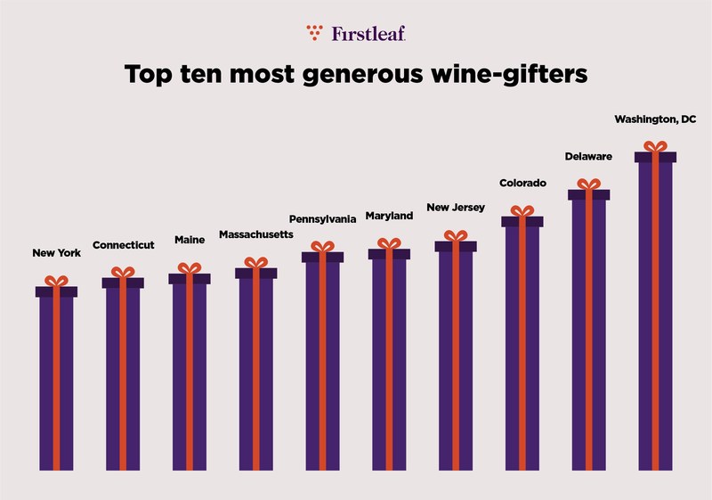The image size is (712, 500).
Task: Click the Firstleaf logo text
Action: coord(368,34)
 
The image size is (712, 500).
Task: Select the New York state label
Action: coord(56,253)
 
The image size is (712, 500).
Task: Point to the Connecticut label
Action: coord(124,245)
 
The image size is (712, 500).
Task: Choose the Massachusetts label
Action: coord(255,238)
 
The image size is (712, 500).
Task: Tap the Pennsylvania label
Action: coord(322,218)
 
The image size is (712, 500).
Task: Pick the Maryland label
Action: coord(389,216)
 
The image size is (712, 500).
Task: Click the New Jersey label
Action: coord(456,208)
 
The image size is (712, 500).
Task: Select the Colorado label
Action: coord(522,183)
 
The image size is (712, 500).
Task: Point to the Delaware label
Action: coord(588,156)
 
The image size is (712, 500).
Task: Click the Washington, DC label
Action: coord(656,119)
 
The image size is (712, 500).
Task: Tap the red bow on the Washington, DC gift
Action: coord(655,146)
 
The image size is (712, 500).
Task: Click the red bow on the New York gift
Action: coord(56,281)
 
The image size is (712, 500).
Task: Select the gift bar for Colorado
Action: coord(522,348)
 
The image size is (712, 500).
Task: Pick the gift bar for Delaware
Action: coord(588,334)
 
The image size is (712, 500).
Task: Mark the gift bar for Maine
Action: coord(190,374)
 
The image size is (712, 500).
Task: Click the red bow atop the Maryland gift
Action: coord(389,243)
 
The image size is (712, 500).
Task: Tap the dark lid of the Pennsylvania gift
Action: coord(322,257)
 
